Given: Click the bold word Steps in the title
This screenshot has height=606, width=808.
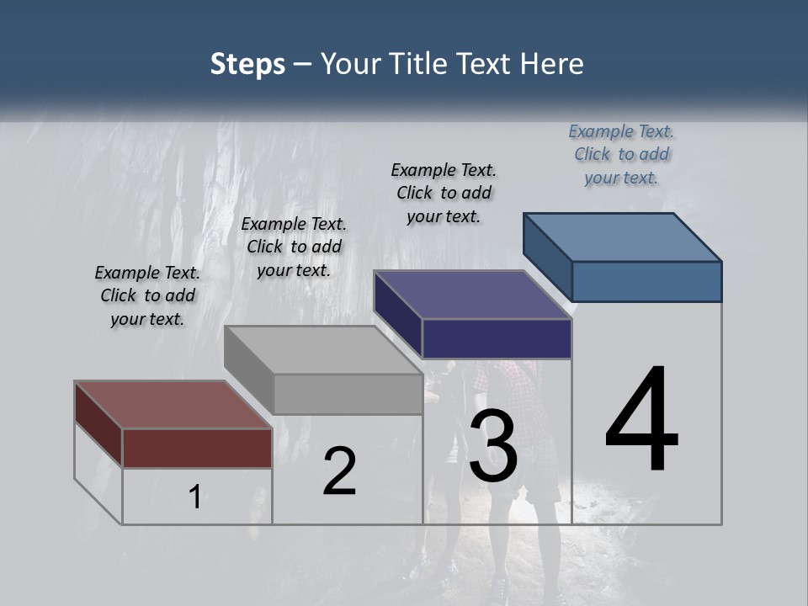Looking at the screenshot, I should point(247,64).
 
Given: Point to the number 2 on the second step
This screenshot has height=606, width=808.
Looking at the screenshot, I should point(339,471).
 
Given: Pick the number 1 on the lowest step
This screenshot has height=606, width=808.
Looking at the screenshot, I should point(194,497).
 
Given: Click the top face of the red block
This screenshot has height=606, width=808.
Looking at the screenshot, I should point(173,405).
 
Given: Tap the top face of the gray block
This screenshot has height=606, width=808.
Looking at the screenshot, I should point(323,350).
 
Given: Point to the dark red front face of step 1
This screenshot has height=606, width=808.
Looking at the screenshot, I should point(197,448).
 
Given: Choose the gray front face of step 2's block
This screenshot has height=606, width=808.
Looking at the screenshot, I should point(348,394).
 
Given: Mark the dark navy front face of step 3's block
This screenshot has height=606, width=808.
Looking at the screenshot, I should point(497,339).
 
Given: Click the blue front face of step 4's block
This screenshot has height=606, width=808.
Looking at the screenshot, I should point(646,281).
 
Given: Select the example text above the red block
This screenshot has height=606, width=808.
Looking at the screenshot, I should point(147,295).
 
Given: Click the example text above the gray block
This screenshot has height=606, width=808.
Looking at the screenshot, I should point(294,247).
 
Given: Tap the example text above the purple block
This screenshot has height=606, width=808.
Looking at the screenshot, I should point(444,193).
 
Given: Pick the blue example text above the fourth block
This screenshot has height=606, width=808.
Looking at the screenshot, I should point(621,154).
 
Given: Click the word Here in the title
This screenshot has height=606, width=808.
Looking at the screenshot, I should point(552,64).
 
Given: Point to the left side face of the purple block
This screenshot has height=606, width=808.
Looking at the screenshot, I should point(398,315).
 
